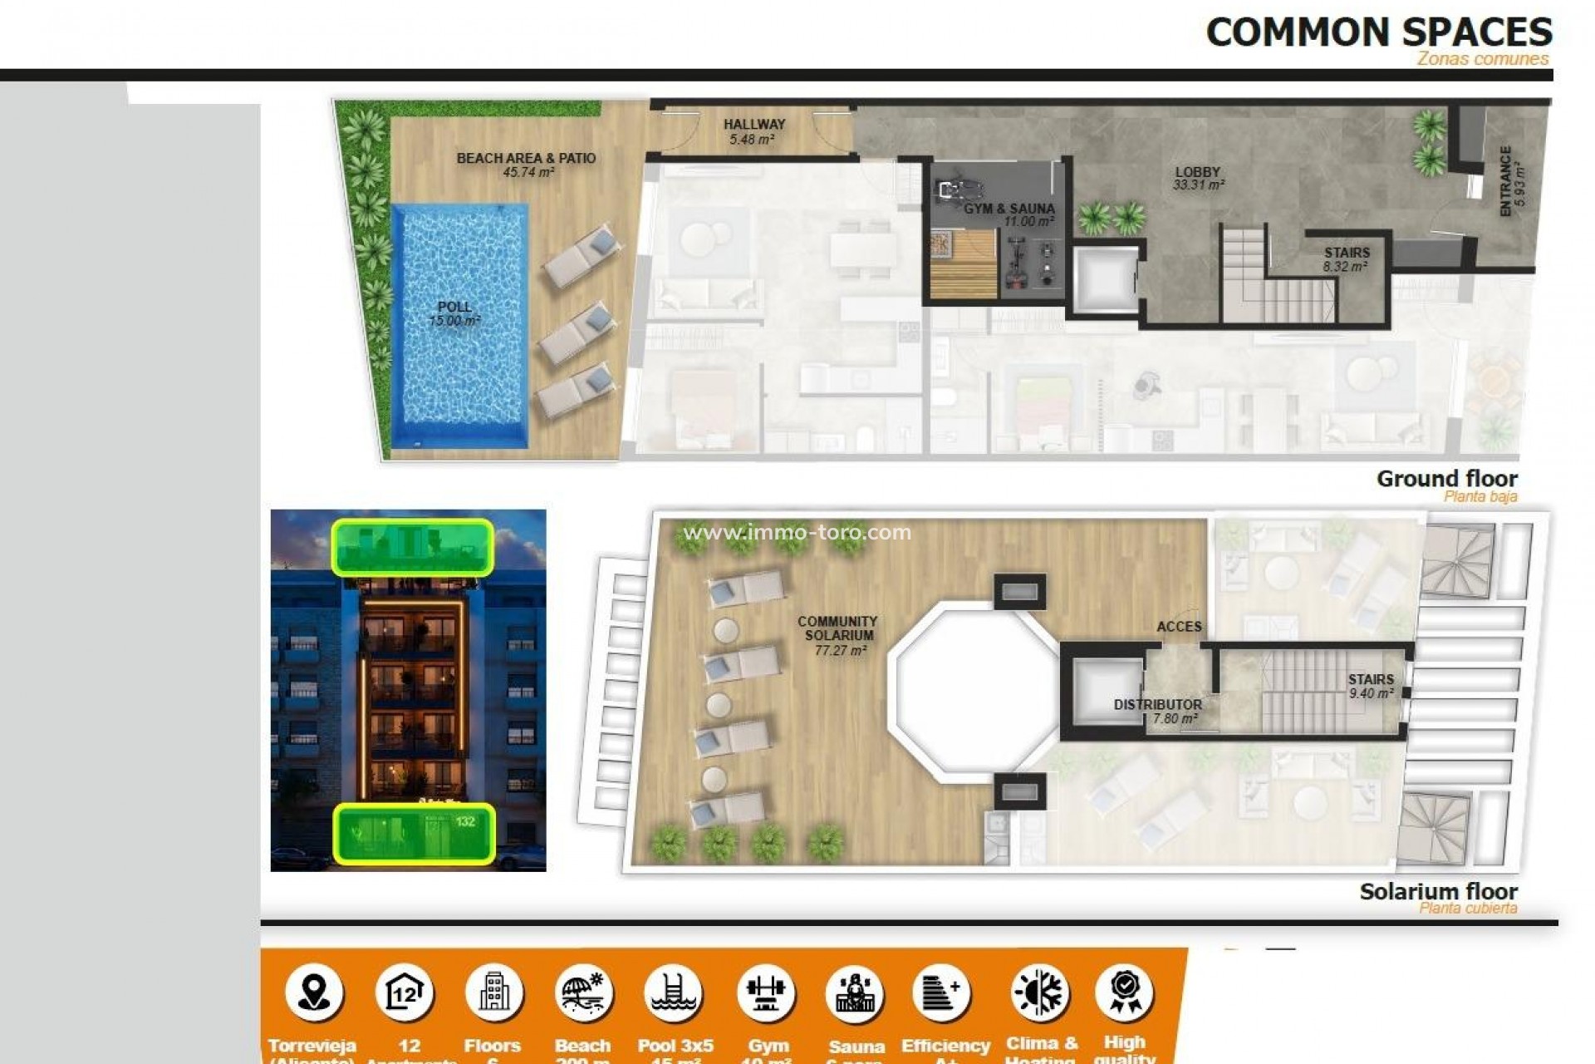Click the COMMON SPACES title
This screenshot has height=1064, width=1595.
click(x=1378, y=32)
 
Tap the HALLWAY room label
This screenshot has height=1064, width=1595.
click(x=753, y=124)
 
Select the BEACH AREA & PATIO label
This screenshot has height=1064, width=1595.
click(x=526, y=158)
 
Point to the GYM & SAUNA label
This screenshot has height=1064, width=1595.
click(x=1009, y=209)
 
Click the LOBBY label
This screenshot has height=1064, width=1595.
click(x=1197, y=172)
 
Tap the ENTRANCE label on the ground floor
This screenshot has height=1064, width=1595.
click(x=1505, y=182)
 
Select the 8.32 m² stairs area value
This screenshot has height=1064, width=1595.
click(x=1345, y=267)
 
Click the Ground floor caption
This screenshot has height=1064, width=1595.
click(x=1446, y=479)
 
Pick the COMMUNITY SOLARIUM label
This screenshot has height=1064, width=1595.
click(x=837, y=628)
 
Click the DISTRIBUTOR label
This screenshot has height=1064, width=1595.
click(x=1157, y=704)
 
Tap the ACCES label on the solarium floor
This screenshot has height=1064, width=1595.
click(x=1179, y=627)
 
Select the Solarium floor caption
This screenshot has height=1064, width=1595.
click(x=1438, y=892)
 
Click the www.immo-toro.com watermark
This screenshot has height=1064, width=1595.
click(x=797, y=532)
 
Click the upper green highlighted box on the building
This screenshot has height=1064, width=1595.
click(x=413, y=547)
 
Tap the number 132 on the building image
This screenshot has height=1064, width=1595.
click(x=465, y=821)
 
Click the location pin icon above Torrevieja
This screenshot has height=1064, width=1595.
click(x=314, y=993)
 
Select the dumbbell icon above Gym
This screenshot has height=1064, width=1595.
click(x=766, y=993)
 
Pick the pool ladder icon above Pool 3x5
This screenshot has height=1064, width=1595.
click(x=675, y=993)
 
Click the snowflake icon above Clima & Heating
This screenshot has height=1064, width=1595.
click(x=1040, y=993)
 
